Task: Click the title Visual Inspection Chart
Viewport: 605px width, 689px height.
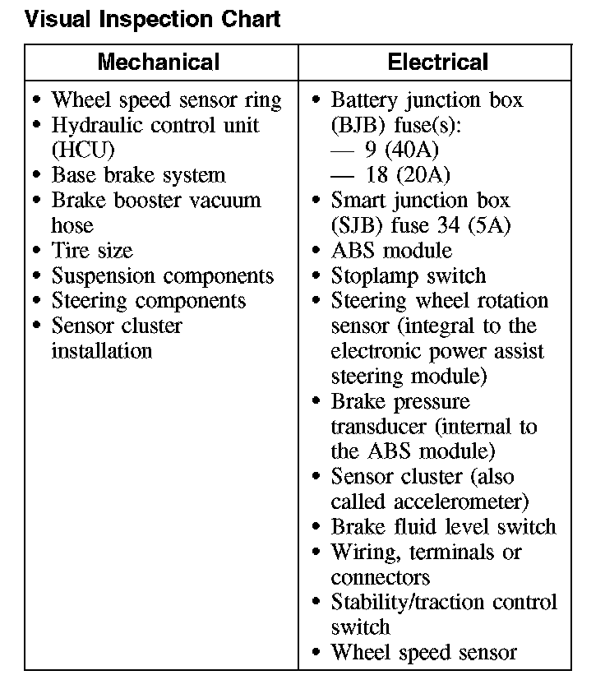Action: (x=153, y=19)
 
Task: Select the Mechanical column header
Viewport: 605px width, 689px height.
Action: (x=159, y=62)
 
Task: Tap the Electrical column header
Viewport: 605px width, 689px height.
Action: (x=437, y=62)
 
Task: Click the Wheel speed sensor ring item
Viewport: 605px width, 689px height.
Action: (x=166, y=100)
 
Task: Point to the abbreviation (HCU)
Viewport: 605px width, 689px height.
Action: (x=83, y=150)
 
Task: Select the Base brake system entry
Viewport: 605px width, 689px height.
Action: (x=138, y=175)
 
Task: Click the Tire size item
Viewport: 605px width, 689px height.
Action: (x=91, y=251)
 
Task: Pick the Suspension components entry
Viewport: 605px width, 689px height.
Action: (x=162, y=276)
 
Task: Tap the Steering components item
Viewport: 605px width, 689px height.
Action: (x=148, y=301)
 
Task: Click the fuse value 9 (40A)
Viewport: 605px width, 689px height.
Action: (x=401, y=150)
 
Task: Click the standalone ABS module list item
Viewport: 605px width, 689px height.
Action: (x=391, y=251)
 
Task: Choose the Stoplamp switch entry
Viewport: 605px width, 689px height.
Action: (x=409, y=276)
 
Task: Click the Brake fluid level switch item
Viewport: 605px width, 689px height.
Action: (x=443, y=526)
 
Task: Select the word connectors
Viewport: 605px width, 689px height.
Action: (x=380, y=577)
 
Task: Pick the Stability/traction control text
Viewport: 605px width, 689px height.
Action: (x=444, y=602)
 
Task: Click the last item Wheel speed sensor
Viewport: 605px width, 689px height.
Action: (x=423, y=653)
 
